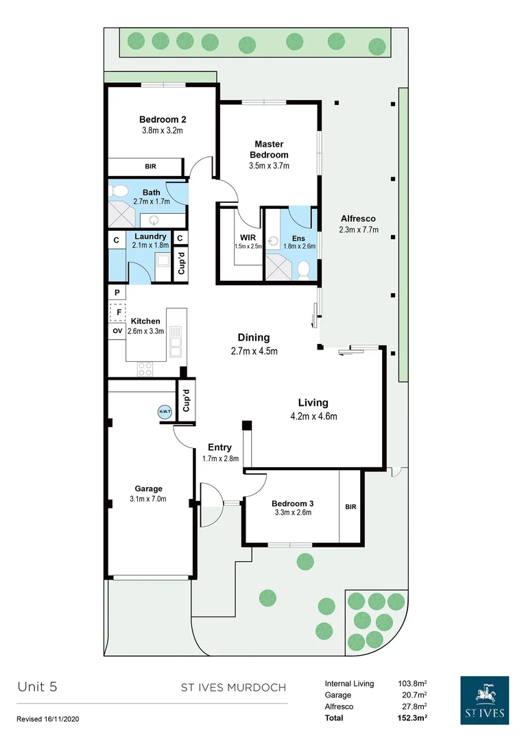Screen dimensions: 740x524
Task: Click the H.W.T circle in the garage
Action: tap(165, 412)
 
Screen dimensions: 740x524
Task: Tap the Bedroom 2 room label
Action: tap(162, 118)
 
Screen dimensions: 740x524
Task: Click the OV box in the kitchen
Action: tap(117, 331)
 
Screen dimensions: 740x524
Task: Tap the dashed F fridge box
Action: tap(117, 312)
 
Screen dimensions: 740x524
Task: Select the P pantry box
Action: tap(117, 292)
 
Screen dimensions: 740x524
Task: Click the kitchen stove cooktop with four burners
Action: tap(145, 368)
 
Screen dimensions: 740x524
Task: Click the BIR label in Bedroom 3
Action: tap(350, 507)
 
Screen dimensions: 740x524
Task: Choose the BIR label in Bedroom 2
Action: tap(150, 166)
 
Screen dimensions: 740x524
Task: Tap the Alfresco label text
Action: tap(359, 219)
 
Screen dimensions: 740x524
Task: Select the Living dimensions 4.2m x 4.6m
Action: tap(313, 416)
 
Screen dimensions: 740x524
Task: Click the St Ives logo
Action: tap(484, 700)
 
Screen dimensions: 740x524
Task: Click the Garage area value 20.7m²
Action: tap(414, 695)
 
